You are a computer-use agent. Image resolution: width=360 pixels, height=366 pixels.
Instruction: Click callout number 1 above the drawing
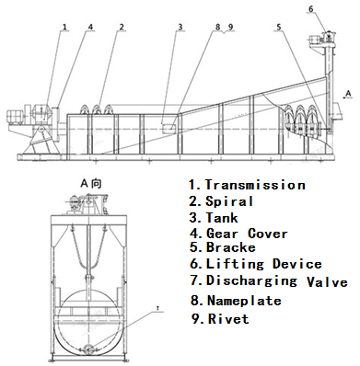click(64, 27)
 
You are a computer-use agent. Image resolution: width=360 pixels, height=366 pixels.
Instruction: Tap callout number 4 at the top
click(90, 27)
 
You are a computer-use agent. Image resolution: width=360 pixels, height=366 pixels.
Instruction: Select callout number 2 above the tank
click(122, 27)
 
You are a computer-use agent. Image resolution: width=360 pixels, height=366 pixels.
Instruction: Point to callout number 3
click(180, 27)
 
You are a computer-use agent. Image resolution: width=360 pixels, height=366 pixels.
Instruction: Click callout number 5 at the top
click(279, 27)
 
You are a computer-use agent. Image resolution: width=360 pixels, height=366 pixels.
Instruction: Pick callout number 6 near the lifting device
click(311, 9)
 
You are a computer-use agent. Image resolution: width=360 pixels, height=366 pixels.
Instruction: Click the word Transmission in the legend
click(255, 185)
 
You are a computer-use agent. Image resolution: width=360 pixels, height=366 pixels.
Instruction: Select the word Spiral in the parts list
click(229, 201)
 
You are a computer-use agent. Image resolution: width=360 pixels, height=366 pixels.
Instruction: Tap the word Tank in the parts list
click(222, 218)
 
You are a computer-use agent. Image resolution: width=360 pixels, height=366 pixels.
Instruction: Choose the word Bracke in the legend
click(230, 247)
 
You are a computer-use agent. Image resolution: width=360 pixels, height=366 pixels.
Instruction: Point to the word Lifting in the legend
click(235, 264)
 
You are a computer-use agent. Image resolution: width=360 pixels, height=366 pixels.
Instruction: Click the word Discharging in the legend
click(251, 280)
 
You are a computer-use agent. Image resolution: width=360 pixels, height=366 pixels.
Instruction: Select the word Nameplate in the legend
click(244, 301)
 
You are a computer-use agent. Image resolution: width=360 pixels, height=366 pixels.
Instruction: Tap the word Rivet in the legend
click(228, 319)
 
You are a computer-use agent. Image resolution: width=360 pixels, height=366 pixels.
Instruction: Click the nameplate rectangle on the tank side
click(169, 129)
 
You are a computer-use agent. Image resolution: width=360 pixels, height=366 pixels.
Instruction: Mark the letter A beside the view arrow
click(348, 94)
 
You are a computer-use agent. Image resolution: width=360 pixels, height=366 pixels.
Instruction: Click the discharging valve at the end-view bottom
click(88, 349)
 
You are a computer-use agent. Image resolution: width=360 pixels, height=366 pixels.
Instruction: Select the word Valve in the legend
click(327, 282)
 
